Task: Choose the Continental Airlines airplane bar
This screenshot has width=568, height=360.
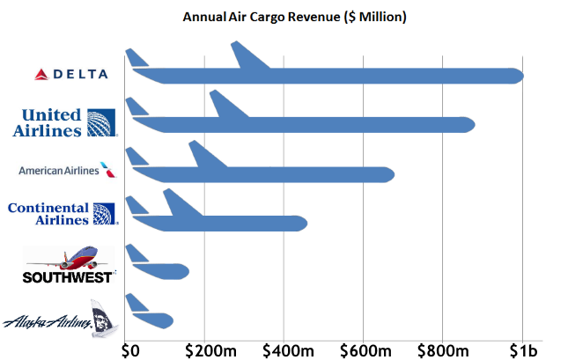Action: click(229, 224)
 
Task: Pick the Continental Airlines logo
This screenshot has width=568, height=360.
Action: click(61, 215)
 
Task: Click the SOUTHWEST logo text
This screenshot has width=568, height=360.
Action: click(68, 277)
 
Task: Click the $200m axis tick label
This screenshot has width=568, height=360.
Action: click(205, 349)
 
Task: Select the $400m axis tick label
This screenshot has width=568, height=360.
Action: click(284, 349)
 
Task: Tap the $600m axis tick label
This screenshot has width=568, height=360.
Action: click(364, 349)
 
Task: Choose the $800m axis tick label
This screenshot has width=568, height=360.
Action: click(444, 349)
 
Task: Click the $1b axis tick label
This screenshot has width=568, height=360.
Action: click(522, 349)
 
